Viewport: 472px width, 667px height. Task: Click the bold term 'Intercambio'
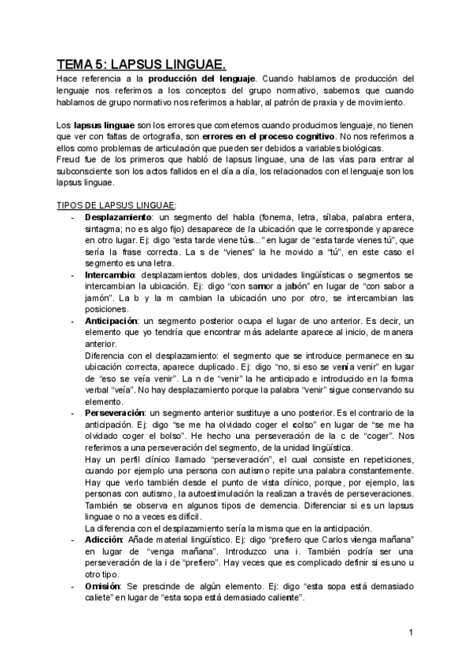coord(109,275)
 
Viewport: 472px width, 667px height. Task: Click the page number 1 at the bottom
coord(411,633)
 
